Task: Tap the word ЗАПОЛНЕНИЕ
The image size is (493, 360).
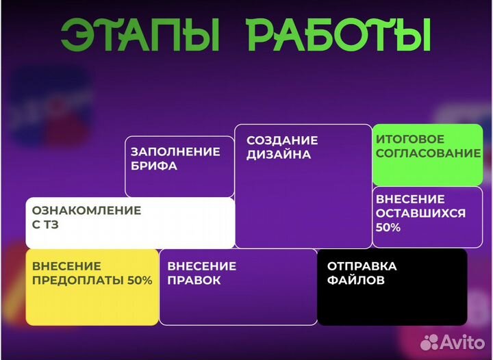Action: [175, 152]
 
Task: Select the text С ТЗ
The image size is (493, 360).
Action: [47, 224]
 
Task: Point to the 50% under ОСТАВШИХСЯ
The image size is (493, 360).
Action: [388, 227]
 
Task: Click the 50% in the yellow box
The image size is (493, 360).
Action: [140, 280]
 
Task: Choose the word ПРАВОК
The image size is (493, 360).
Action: [194, 280]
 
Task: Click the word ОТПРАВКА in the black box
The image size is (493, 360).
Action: [362, 266]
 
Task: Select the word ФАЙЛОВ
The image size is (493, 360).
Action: [355, 280]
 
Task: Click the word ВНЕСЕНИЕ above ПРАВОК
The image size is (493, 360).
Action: [202, 266]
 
